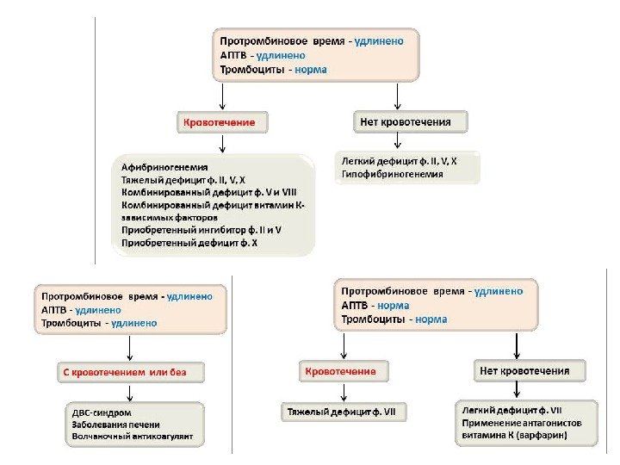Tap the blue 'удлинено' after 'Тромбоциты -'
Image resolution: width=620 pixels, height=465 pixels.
(133, 323)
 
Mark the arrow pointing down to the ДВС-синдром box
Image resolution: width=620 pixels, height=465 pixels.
(129, 394)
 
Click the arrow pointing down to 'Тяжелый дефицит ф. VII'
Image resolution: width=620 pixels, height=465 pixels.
(344, 394)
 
